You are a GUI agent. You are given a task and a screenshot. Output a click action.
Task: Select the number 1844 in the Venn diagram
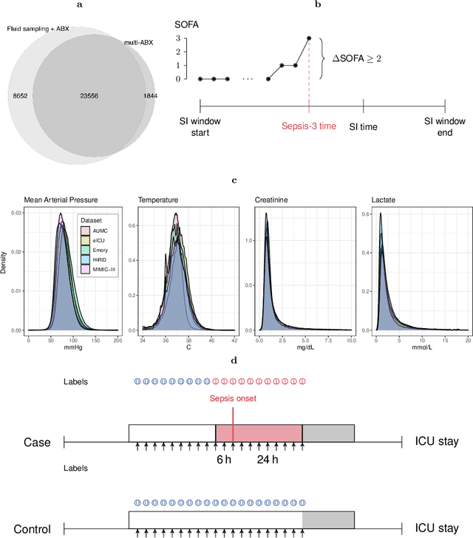pos(151,96)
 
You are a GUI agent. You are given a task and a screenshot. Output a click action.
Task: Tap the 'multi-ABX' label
pos(140,43)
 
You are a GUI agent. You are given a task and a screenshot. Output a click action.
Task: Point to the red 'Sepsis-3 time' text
pos(309,126)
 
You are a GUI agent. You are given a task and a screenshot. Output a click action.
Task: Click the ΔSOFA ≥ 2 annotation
pos(368,58)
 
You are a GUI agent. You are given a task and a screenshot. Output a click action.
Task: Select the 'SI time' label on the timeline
pos(364,126)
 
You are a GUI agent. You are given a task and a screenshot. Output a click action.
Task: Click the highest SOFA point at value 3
pos(309,38)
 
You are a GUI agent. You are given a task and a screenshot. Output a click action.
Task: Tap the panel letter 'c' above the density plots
pos(235,180)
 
